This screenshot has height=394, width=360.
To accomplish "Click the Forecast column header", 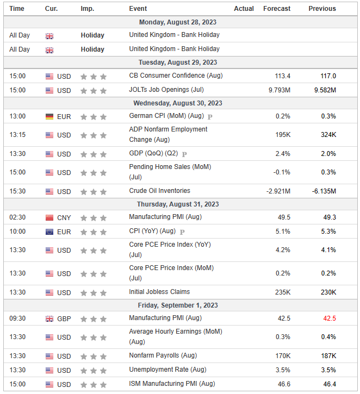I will click(277, 9).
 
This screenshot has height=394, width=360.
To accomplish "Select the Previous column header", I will click(322, 9).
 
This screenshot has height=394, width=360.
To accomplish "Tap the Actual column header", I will click(244, 9).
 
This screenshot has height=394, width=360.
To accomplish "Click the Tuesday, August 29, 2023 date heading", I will click(178, 62).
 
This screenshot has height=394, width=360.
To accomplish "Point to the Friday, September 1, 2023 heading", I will click(178, 305).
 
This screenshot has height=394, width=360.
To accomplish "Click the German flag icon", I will click(49, 116).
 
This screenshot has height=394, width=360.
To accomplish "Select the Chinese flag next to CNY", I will click(49, 217).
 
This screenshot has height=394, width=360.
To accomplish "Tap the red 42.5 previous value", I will click(329, 318).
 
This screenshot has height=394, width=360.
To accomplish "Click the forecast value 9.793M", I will click(280, 90).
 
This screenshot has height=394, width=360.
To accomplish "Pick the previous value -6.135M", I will click(324, 191).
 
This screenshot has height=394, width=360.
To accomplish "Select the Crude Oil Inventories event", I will click(160, 191).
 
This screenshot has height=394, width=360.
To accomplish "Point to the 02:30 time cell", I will click(17, 217).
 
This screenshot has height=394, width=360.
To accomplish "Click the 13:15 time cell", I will click(17, 135).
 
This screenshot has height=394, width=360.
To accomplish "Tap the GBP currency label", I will click(64, 318).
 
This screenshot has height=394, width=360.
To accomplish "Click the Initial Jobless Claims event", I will click(159, 292).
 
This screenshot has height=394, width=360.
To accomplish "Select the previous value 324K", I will click(328, 135).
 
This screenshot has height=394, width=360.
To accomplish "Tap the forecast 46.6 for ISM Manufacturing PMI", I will click(283, 384).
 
